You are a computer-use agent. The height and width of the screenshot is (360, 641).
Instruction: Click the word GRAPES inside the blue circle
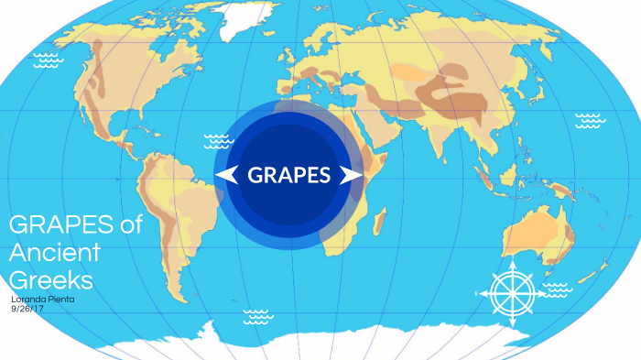tap(288, 175)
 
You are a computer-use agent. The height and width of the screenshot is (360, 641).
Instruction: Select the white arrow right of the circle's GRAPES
tap(350, 175)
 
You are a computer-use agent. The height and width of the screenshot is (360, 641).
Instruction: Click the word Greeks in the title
tap(51, 278)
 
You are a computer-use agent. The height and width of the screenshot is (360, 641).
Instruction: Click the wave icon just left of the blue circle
tap(218, 141)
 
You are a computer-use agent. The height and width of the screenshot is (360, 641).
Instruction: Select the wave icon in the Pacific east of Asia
tap(588, 120)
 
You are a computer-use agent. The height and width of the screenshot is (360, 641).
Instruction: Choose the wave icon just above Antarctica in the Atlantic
tap(257, 316)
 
